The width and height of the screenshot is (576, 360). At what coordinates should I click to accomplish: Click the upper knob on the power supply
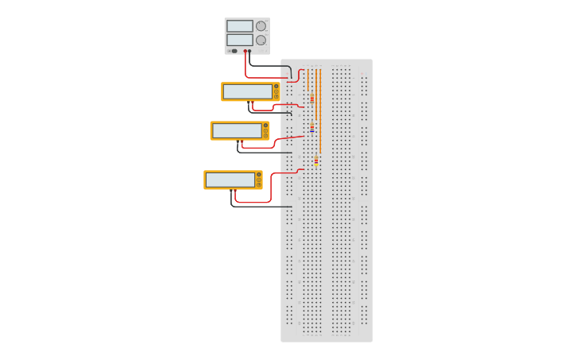[261, 25]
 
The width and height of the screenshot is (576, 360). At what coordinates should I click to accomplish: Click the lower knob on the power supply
[261, 40]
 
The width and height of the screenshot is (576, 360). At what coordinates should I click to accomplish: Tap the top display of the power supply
[239, 25]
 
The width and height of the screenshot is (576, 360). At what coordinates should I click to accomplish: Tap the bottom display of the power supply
[239, 40]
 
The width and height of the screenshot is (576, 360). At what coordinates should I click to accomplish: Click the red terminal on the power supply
[245, 51]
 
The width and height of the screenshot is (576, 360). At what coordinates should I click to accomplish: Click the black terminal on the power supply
[250, 51]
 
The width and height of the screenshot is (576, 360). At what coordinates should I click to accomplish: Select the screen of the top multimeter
[248, 91]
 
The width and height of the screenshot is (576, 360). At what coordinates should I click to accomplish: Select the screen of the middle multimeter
[237, 130]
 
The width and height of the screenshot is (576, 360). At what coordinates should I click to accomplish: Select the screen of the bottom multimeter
[230, 180]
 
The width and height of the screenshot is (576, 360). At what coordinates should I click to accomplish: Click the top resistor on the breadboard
[312, 99]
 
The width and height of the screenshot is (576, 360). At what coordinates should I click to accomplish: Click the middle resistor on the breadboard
[312, 127]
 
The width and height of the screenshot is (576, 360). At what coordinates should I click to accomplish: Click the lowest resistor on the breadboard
[316, 161]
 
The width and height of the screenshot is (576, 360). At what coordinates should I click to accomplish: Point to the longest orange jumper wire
[320, 111]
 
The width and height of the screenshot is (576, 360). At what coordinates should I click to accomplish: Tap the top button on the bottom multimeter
[258, 174]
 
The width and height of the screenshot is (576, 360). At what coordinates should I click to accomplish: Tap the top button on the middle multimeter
[265, 125]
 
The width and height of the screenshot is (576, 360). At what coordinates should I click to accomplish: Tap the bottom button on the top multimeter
[276, 97]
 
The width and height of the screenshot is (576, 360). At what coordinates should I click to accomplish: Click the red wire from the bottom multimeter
[270, 191]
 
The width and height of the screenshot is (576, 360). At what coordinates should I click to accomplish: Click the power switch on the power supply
[234, 51]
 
